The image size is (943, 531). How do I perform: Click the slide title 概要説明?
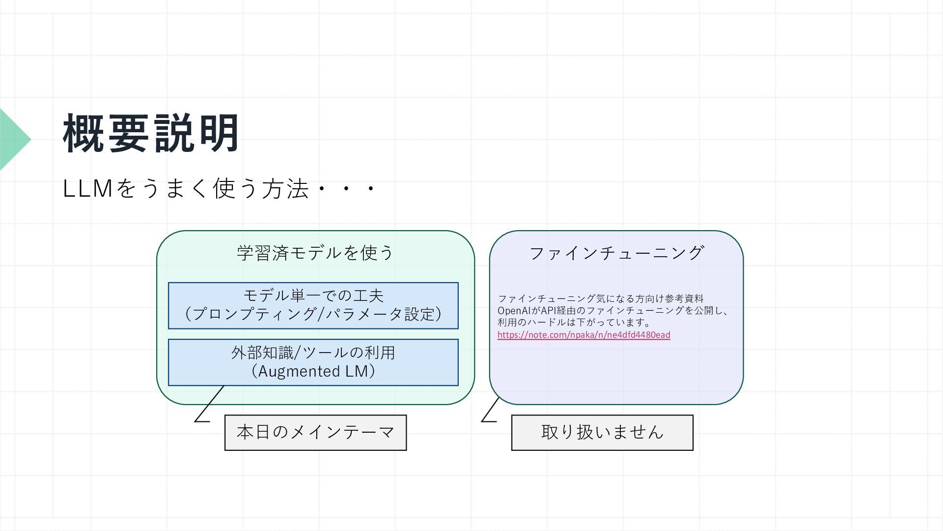(x=151, y=133)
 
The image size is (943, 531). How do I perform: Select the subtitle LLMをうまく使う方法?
(x=186, y=189)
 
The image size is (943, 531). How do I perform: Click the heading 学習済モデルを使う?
(x=315, y=253)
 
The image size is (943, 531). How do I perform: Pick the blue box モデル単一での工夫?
(x=313, y=295)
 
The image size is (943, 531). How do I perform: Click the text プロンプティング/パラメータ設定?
(x=313, y=314)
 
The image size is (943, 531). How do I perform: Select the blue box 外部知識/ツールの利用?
(x=313, y=353)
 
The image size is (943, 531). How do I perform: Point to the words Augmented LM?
(x=313, y=371)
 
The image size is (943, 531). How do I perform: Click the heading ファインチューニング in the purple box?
(x=616, y=253)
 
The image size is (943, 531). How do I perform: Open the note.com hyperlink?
(x=583, y=335)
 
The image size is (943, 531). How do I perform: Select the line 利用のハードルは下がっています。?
(x=574, y=323)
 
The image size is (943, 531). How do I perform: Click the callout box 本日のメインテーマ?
(x=315, y=433)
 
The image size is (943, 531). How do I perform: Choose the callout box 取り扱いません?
(x=602, y=433)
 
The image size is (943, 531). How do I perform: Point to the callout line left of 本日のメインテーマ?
(x=209, y=404)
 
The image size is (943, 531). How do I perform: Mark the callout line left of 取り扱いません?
(x=490, y=410)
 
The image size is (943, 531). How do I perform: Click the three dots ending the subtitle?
(x=346, y=189)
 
